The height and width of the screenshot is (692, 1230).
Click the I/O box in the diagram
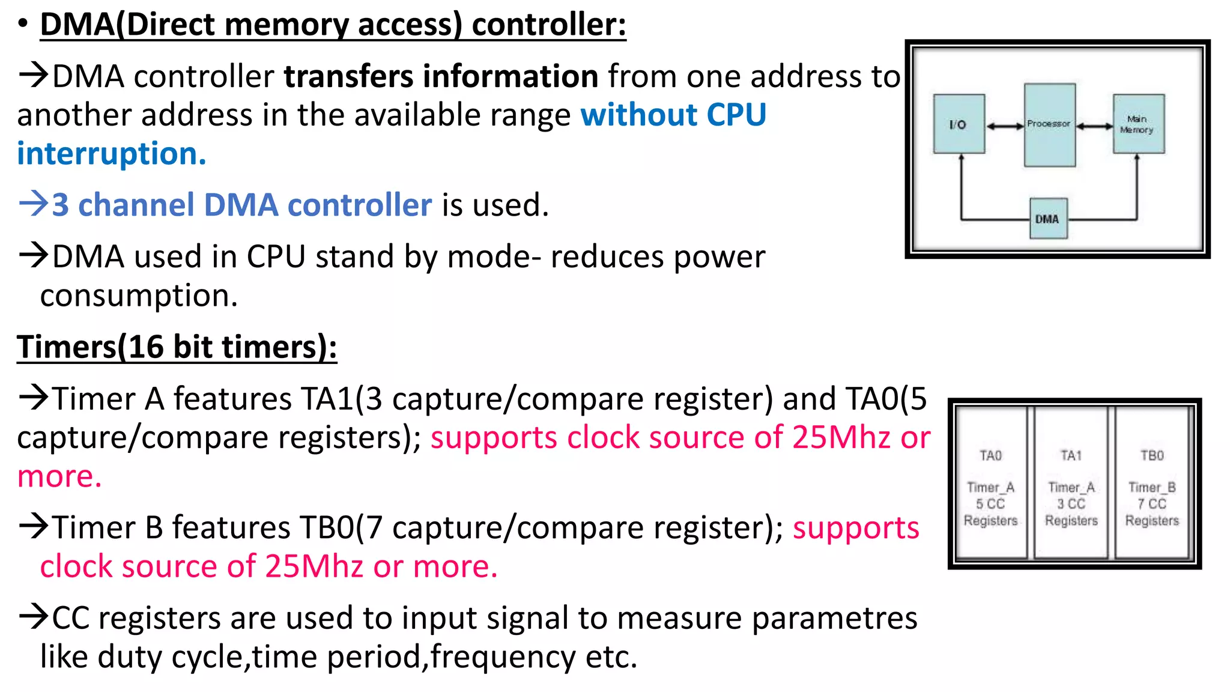click(959, 124)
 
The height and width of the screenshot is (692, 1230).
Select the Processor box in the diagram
click(1049, 124)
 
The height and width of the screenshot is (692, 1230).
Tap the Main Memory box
click(1138, 124)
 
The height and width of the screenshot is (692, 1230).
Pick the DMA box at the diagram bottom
click(1048, 219)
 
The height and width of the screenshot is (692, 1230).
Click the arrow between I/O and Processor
click(1005, 126)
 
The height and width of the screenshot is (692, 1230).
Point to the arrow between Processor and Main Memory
click(1094, 126)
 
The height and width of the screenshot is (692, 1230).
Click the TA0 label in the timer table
click(991, 455)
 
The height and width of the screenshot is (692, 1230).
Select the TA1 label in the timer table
click(1071, 455)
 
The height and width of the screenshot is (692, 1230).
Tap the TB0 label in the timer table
click(1152, 455)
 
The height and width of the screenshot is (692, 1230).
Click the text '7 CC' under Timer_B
click(1152, 504)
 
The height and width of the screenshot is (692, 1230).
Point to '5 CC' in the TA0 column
click(991, 504)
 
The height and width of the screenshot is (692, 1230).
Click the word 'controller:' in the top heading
click(549, 25)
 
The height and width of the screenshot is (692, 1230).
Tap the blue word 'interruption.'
click(112, 154)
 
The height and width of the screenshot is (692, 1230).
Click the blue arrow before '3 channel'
click(33, 204)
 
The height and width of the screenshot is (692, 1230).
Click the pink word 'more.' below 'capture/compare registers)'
click(59, 476)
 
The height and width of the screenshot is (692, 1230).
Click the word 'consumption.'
click(139, 296)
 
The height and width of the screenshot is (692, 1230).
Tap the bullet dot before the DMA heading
click(23, 24)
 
